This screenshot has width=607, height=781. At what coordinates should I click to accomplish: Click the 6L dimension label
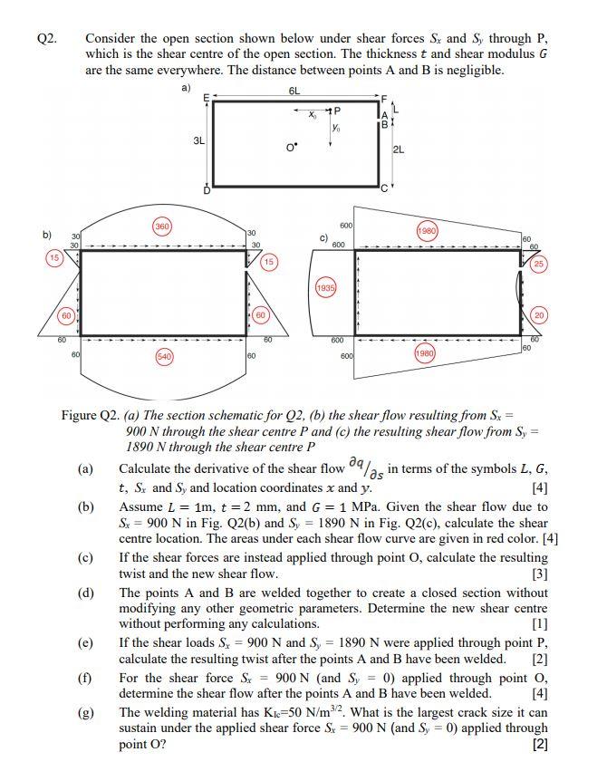294,92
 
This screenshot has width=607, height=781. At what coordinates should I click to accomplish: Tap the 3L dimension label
199,141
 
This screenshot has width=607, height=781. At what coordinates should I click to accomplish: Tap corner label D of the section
207,190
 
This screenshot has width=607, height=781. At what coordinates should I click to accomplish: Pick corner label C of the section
384,188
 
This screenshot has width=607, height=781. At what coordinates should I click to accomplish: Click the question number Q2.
47,39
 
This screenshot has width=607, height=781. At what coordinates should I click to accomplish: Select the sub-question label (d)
86,593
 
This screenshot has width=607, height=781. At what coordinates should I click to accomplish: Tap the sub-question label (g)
86,712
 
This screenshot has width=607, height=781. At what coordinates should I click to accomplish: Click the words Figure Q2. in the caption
91,415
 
